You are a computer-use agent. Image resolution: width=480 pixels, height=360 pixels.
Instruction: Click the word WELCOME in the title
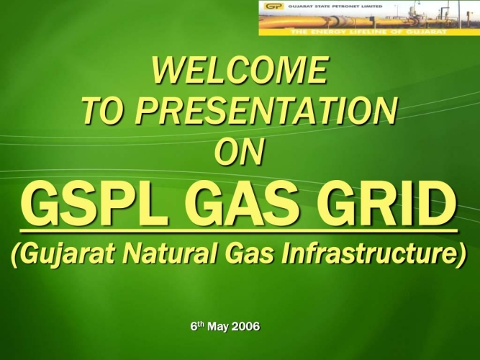[x=240, y=71]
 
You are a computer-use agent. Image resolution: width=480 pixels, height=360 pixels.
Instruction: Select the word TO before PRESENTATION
[x=105, y=111]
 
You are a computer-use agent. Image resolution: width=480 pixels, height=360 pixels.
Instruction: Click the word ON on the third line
[x=239, y=151]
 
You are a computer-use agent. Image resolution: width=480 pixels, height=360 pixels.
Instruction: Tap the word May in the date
[x=218, y=327]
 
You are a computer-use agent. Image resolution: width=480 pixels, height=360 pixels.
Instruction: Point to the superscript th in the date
[x=200, y=324]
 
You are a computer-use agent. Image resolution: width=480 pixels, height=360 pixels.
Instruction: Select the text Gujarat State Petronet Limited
[x=335, y=6]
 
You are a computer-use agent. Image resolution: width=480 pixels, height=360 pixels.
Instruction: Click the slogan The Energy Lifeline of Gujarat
[x=368, y=32]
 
